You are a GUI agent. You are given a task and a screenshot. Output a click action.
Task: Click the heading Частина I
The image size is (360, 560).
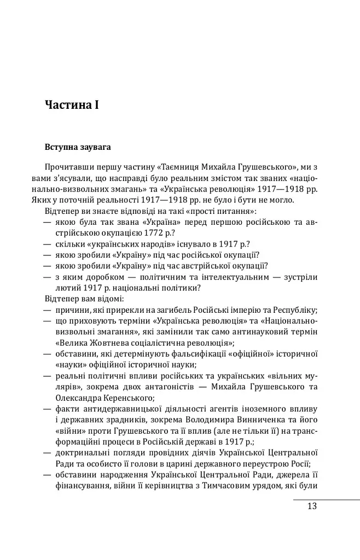(x=71, y=104)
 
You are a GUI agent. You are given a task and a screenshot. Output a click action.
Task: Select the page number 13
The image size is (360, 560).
(x=311, y=506)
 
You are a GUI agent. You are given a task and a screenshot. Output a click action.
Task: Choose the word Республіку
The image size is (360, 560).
(x=294, y=309)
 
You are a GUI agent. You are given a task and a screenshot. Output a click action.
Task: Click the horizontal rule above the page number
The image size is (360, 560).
(x=326, y=499)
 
